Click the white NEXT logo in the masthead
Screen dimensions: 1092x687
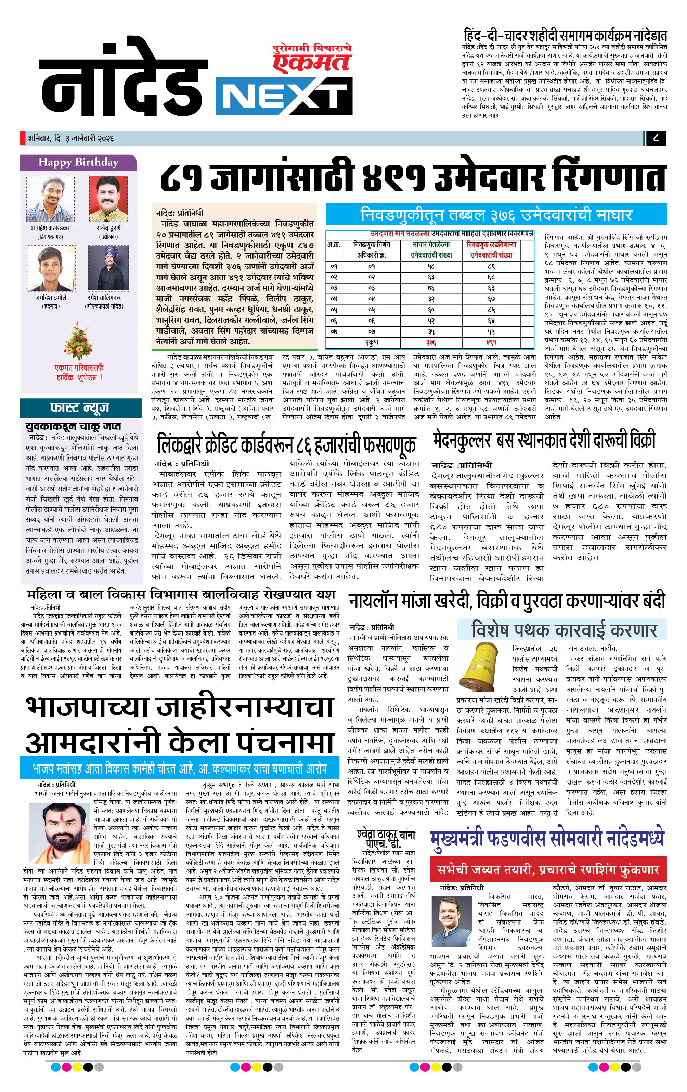pos(284,97)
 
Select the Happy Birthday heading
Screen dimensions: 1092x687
pos(78,162)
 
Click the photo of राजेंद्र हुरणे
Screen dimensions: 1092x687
pos(108,199)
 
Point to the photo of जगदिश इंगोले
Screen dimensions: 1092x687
pos(50,268)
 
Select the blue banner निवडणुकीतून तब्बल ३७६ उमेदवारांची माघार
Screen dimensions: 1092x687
pos(496,214)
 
